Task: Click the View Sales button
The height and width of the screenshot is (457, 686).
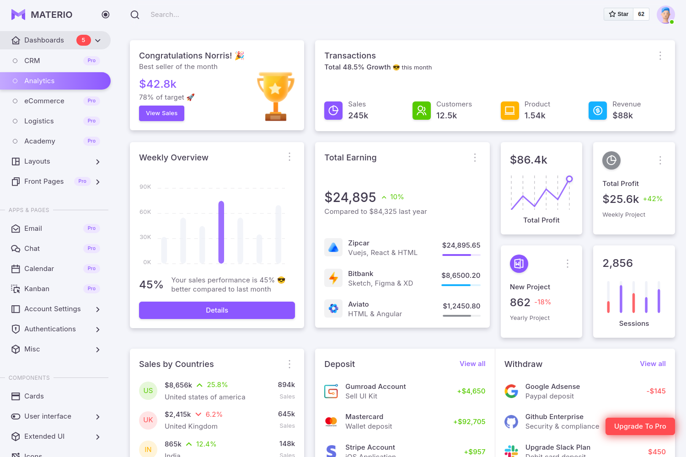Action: (161, 113)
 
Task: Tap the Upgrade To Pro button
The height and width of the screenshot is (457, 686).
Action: (640, 426)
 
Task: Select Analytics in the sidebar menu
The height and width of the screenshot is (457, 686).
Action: (55, 81)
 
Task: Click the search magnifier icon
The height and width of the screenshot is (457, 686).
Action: (135, 15)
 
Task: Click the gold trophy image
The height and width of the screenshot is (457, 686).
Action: (275, 96)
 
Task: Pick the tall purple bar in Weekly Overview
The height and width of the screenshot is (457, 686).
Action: (221, 232)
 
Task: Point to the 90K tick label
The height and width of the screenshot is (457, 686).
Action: (145, 187)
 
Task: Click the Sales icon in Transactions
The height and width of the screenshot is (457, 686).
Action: (333, 111)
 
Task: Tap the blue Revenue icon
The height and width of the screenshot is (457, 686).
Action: (597, 111)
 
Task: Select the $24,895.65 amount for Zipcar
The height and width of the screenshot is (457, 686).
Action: (461, 245)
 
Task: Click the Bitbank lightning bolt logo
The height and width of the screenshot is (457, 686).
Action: (333, 278)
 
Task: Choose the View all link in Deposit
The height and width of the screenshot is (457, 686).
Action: (472, 364)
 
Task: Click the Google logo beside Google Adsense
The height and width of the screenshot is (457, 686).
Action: (511, 391)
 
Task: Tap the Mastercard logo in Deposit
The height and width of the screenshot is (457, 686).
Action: (331, 421)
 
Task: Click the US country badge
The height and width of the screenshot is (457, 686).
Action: (148, 391)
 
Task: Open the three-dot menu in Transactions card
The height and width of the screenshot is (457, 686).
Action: (660, 56)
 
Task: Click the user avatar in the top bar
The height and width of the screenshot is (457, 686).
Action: (665, 15)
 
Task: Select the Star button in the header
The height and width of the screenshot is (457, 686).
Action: (619, 14)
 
